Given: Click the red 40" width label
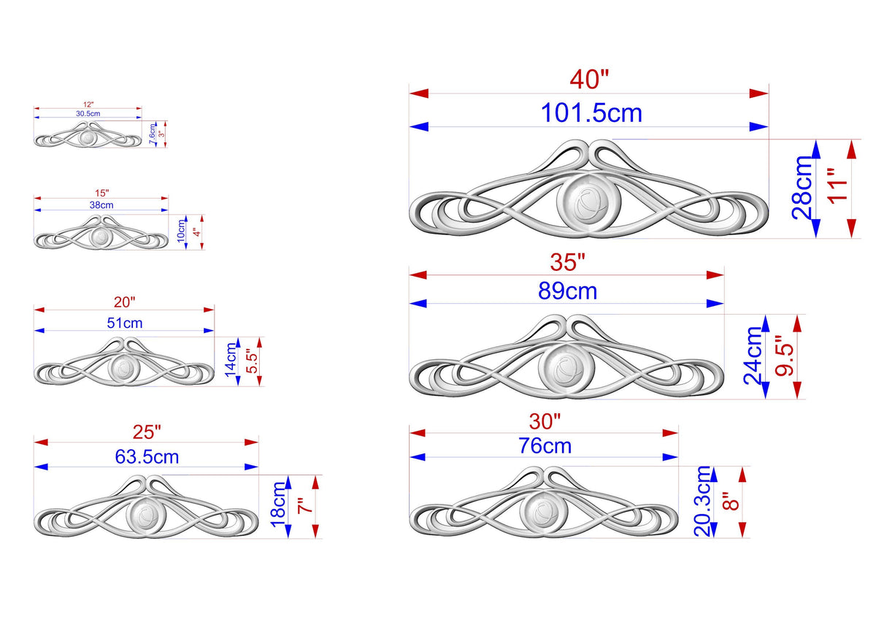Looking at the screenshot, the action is [x=589, y=80].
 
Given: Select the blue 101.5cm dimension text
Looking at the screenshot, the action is [x=591, y=113].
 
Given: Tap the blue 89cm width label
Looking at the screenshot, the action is [x=567, y=291].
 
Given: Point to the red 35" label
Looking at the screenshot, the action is [x=567, y=262].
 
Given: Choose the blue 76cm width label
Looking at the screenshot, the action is [x=545, y=446].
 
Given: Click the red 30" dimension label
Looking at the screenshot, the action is [x=545, y=421].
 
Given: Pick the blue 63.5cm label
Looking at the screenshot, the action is [x=147, y=457].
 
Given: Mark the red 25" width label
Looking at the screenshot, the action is [x=147, y=432].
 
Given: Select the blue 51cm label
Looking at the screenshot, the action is [x=125, y=323].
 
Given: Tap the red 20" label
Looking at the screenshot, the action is [x=124, y=302].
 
